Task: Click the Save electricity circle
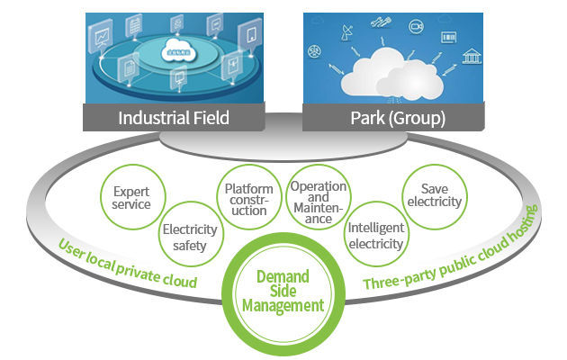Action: (435, 195)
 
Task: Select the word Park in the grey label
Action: (370, 118)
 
